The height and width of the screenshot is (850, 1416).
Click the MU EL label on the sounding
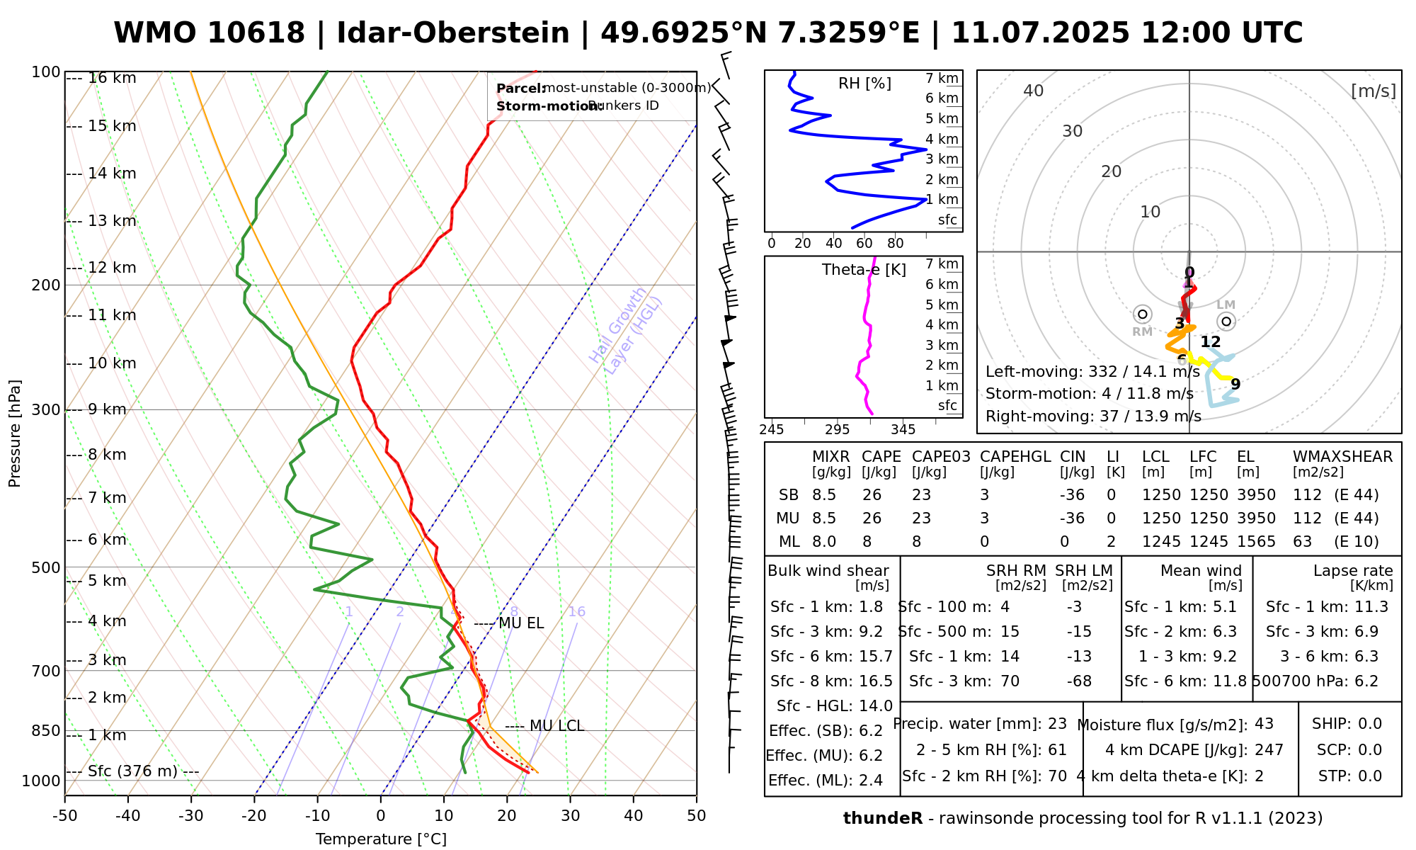pos(521,623)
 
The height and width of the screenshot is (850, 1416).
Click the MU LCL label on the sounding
pos(556,726)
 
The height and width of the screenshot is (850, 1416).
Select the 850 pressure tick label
pos(47,730)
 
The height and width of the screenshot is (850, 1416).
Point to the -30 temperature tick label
pos(191,816)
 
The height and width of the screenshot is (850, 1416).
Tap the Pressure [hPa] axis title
pos(15,433)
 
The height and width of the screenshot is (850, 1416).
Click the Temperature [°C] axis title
pos(381,839)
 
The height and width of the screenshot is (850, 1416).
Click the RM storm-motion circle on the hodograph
pos(1142,314)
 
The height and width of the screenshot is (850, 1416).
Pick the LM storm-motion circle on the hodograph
pos(1227,322)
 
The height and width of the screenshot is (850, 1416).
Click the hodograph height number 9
pos(1235,385)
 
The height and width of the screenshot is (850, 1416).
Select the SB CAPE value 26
pos(872,495)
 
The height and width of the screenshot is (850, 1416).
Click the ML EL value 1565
pos(1256,542)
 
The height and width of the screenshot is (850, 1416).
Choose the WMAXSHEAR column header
pos(1342,457)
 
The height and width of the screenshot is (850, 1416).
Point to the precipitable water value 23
pos(1057,724)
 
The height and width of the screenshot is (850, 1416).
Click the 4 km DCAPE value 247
pos(1269,750)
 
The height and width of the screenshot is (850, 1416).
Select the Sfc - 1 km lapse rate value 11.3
pos(1366,607)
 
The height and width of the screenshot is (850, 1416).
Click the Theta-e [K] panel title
pos(864,270)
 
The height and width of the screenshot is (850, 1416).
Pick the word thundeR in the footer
pos(883,819)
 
